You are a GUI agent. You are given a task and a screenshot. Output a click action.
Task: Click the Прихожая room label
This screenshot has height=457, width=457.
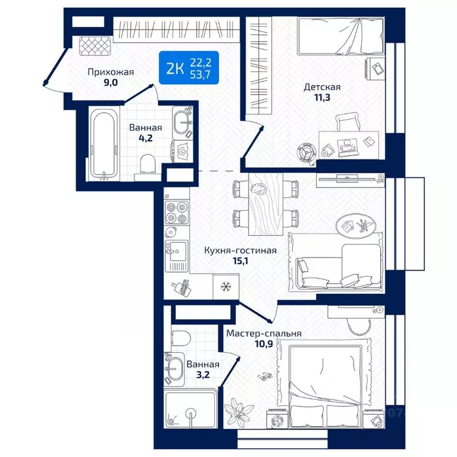pos(111,72)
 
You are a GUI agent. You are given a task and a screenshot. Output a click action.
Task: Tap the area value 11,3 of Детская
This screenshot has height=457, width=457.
pos(322,98)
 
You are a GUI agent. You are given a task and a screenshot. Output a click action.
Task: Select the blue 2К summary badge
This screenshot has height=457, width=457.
pos(189,68)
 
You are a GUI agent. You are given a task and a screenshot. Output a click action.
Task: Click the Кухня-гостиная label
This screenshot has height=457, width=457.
pos(240,251)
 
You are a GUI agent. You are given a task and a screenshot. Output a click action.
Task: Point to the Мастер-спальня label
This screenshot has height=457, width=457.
pos(264,333)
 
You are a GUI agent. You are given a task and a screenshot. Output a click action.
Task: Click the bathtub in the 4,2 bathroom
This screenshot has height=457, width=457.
pos(104,143)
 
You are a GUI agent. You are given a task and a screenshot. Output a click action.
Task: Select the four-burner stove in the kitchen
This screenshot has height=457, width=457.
pos(176,212)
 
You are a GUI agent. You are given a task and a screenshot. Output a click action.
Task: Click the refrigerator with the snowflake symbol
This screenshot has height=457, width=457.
pos(226,286)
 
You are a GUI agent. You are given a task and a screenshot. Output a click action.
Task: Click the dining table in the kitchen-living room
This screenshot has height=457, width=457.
pos(265,204)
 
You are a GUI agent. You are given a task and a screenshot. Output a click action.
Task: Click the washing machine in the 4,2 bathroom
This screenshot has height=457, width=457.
pos(182,151)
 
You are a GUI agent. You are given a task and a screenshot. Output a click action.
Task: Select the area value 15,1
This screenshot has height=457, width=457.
pos(240,261)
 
